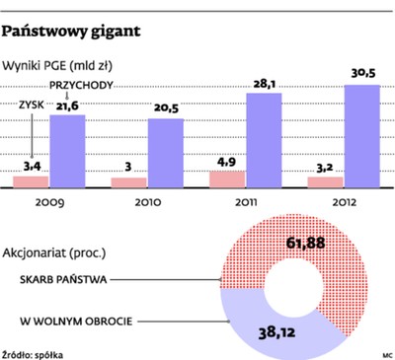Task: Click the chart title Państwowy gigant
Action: pyautogui.click(x=72, y=31)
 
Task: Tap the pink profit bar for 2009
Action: pyautogui.click(x=32, y=180)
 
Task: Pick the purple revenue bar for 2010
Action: pyautogui.click(x=165, y=153)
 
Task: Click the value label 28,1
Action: pyautogui.click(x=264, y=84)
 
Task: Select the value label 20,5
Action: pyautogui.click(x=165, y=109)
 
